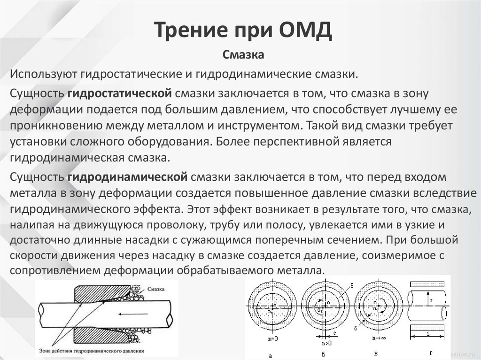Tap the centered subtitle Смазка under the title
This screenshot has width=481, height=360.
(243, 55)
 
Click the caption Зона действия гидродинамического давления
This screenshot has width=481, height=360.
(92, 350)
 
